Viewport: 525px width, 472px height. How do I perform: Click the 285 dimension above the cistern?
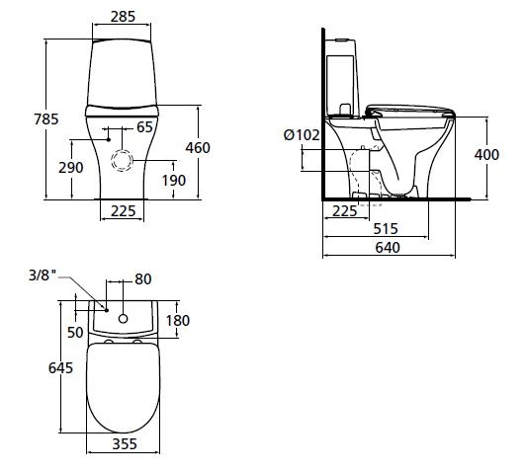(123, 17)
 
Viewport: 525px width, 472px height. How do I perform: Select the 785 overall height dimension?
(46, 119)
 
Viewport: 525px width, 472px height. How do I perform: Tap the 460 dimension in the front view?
(198, 148)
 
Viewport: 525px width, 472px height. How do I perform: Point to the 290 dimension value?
(71, 168)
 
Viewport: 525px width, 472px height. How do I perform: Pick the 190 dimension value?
(174, 181)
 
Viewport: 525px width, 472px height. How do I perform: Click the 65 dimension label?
(145, 127)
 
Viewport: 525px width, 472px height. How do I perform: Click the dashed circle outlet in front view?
(122, 161)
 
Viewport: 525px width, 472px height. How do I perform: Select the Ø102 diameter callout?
(302, 135)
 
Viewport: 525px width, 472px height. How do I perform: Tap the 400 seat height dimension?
(486, 155)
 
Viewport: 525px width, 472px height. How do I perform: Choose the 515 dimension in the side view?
(386, 229)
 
